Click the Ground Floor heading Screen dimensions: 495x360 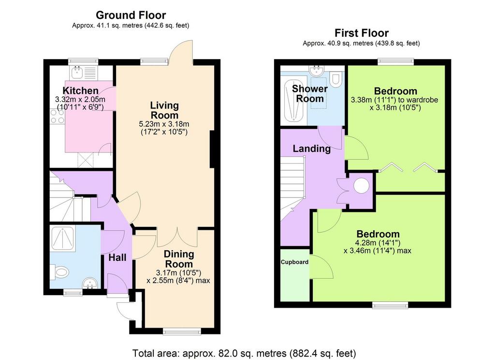tap(131, 15)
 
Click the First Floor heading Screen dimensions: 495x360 tap(362, 32)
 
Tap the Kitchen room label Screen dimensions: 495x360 tap(81, 90)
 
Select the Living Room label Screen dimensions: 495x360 tap(164, 110)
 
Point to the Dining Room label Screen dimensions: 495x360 tap(179, 259)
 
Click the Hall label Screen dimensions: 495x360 tap(117, 257)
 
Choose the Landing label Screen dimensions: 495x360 tap(312, 149)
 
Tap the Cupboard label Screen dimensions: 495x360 tap(294, 262)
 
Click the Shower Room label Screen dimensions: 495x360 tap(310, 93)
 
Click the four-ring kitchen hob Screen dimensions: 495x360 tap(58, 116)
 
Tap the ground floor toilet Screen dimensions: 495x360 tap(59, 272)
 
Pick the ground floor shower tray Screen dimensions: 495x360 tap(63, 239)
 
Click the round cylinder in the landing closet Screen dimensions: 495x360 tap(361, 186)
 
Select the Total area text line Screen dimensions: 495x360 tap(244, 353)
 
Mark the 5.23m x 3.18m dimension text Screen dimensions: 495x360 tap(164, 124)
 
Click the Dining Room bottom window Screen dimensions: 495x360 tap(182, 331)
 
